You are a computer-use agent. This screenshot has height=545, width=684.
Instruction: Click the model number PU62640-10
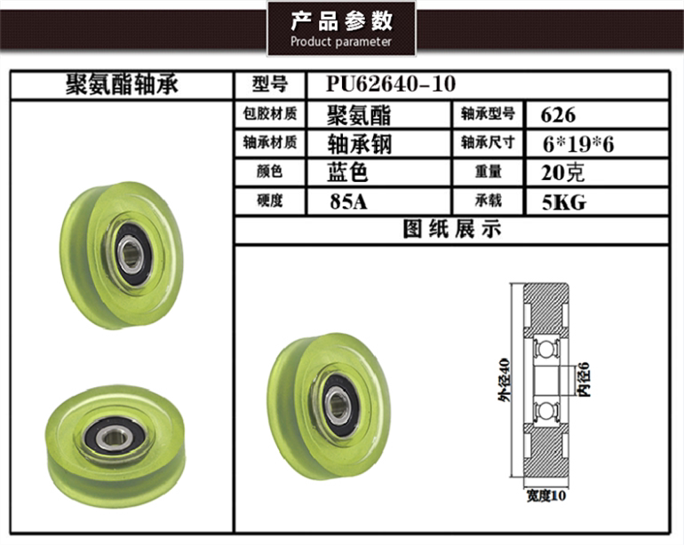391,83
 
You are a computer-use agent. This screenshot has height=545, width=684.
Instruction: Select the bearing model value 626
558,115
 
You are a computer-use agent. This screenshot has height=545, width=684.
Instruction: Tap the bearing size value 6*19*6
578,144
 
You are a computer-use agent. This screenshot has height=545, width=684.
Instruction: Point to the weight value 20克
562,173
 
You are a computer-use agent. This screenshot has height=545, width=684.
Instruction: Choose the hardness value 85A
348,201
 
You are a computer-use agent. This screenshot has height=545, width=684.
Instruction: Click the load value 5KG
563,202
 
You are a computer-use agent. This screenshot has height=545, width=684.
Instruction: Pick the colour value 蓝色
347,172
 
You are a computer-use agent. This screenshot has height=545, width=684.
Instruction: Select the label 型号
270,84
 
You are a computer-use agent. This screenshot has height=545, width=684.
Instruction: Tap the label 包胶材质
270,115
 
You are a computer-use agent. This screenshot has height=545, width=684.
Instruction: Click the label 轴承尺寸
489,143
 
